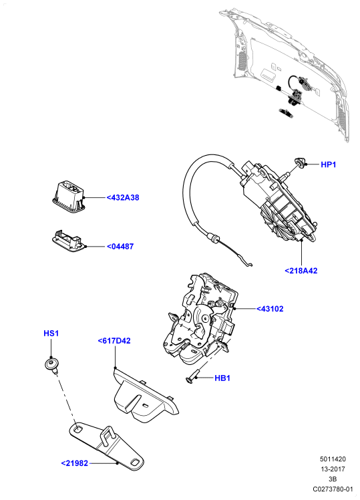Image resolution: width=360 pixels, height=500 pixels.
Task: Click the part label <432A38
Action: pyautogui.click(x=123, y=198)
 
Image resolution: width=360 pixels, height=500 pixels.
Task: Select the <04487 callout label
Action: pyautogui.click(x=120, y=247)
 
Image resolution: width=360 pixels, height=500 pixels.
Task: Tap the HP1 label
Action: pyautogui.click(x=328, y=164)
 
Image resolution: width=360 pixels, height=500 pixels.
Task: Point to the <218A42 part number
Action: pyautogui.click(x=301, y=271)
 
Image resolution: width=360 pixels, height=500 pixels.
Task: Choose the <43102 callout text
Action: pyautogui.click(x=270, y=309)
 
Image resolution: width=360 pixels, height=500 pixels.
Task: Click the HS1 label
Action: pyautogui.click(x=51, y=334)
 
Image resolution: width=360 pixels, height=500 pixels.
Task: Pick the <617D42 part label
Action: pyautogui.click(x=114, y=341)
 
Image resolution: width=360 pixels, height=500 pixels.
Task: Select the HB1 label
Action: pyautogui.click(x=222, y=378)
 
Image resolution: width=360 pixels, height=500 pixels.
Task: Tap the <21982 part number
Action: pyautogui.click(x=75, y=463)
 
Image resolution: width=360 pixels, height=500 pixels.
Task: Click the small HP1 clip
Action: pyautogui.click(x=300, y=163)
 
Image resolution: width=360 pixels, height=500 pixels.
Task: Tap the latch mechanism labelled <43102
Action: pyautogui.click(x=200, y=319)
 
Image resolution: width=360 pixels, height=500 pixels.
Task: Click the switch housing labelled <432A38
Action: pyautogui.click(x=69, y=196)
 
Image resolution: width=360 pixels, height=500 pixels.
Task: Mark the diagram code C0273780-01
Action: pyautogui.click(x=333, y=489)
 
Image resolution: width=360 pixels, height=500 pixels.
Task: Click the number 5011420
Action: pyautogui.click(x=333, y=459)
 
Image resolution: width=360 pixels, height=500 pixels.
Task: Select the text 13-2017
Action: pyautogui.click(x=333, y=469)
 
